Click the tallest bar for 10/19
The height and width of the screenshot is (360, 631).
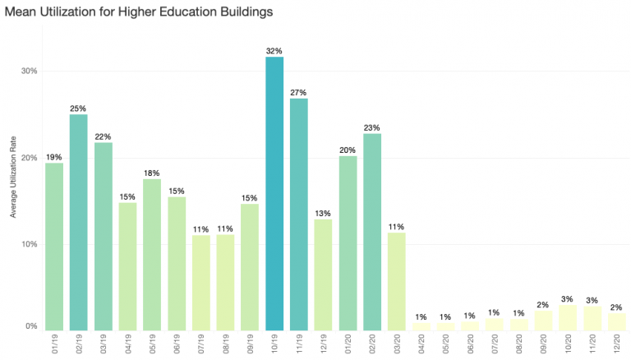point(274,193)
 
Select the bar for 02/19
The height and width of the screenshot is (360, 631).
point(78,222)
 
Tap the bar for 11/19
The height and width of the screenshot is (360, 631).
point(299,214)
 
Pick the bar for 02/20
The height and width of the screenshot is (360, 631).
point(372,231)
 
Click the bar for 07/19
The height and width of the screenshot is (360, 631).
point(201,282)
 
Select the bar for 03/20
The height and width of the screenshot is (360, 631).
point(397,280)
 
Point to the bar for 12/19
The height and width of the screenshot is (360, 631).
point(324,274)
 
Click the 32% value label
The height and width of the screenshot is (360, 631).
point(274,51)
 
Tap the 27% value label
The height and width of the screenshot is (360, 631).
point(299,92)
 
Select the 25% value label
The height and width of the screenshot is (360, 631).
point(78,108)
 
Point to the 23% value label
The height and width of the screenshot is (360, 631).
point(372,127)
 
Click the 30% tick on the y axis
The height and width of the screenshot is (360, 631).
point(30,71)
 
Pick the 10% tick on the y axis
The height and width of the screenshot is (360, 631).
point(30,245)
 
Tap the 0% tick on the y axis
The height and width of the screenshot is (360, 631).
point(32,326)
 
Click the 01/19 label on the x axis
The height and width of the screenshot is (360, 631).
point(54,345)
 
